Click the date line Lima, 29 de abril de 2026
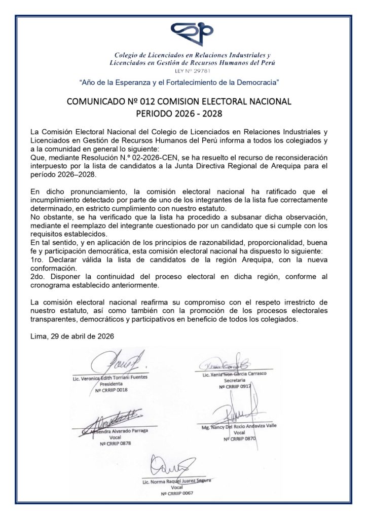click(x=72, y=336)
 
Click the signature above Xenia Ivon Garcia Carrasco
click(x=223, y=365)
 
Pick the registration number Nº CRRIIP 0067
click(x=177, y=493)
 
